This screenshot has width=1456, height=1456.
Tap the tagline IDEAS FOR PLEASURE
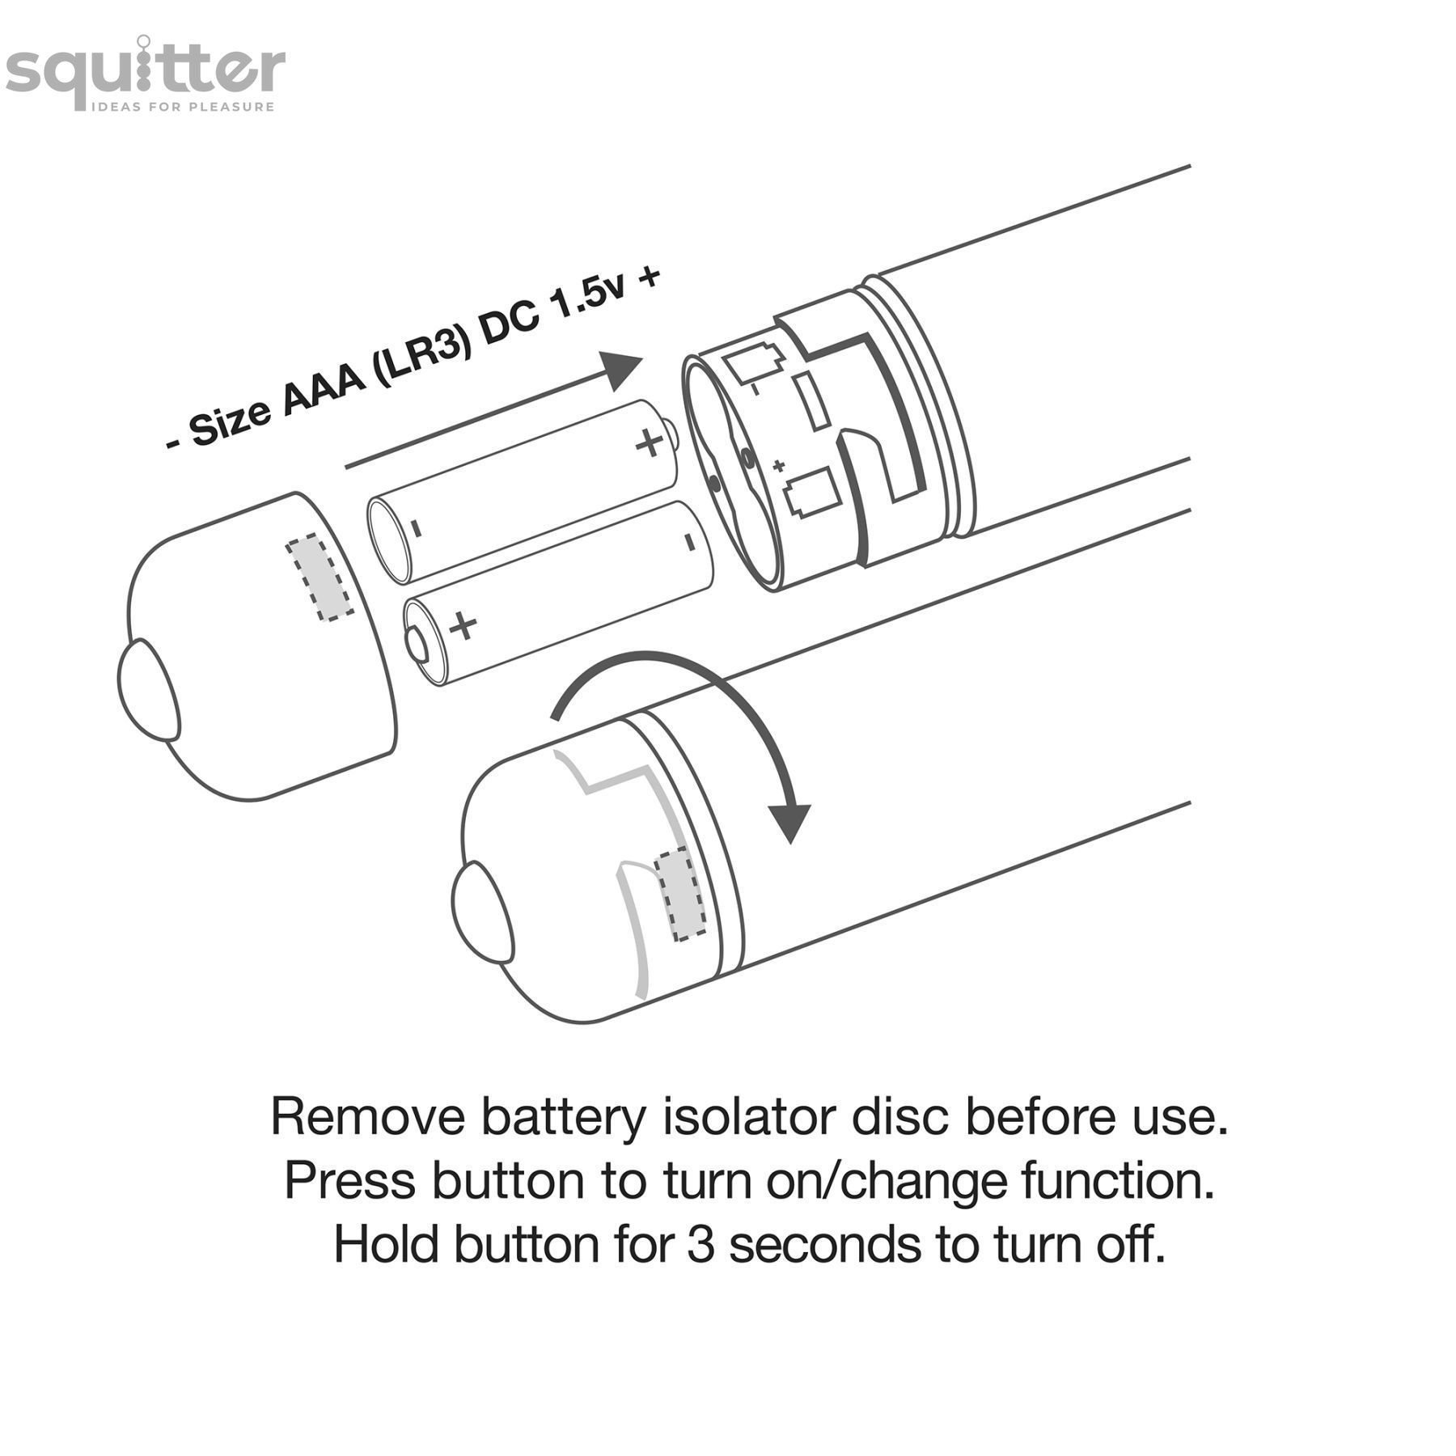tap(183, 107)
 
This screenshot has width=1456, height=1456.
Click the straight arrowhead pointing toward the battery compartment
tap(621, 371)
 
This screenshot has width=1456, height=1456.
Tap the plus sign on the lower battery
tap(463, 625)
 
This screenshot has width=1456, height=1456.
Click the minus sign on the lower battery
tap(690, 540)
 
